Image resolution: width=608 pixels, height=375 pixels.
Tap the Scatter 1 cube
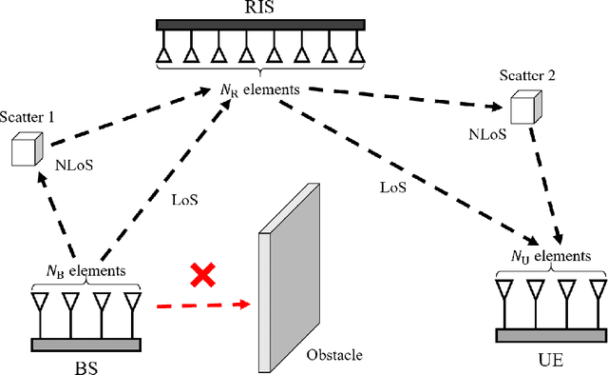[26, 148]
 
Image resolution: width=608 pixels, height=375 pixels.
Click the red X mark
[201, 276]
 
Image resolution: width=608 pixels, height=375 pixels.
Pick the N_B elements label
[86, 270]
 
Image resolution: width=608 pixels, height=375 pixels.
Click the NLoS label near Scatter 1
[73, 163]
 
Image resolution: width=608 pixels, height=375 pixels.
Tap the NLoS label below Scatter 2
[486, 135]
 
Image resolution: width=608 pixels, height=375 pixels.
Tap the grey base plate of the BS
[86, 344]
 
